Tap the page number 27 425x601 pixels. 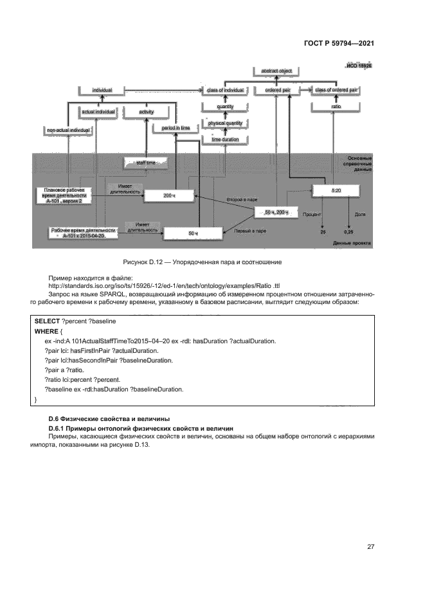pyautogui.click(x=370, y=546)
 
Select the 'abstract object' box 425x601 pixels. pyautogui.click(x=277, y=70)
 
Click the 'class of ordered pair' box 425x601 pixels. pyautogui.click(x=335, y=91)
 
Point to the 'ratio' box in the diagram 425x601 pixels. pyautogui.click(x=336, y=106)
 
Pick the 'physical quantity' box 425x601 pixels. pyautogui.click(x=224, y=122)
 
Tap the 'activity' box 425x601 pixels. pyautogui.click(x=146, y=112)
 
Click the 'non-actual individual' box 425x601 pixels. pyautogui.click(x=68, y=130)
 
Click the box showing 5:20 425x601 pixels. pyautogui.click(x=336, y=191)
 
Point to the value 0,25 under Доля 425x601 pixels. pyautogui.click(x=348, y=231)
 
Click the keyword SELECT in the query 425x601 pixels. pyautogui.click(x=47, y=320)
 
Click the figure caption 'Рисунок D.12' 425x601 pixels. pyautogui.click(x=148, y=262)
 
